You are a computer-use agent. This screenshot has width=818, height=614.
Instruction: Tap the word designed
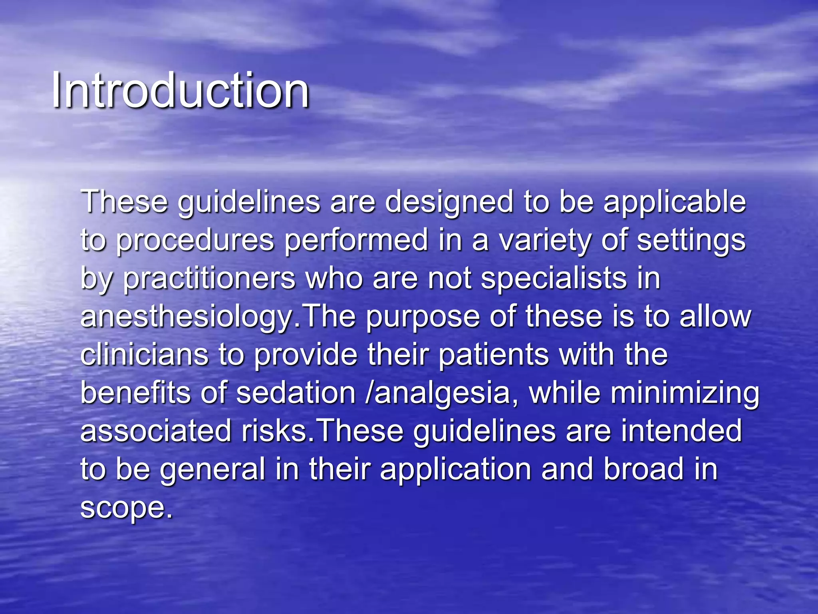[x=449, y=202]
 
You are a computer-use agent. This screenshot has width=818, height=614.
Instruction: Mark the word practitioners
[x=209, y=279]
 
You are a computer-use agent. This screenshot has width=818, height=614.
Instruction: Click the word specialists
[x=554, y=279]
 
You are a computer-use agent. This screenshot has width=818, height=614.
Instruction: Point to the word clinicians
[x=144, y=355]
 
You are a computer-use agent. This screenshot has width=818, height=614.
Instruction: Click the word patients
[x=494, y=355]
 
